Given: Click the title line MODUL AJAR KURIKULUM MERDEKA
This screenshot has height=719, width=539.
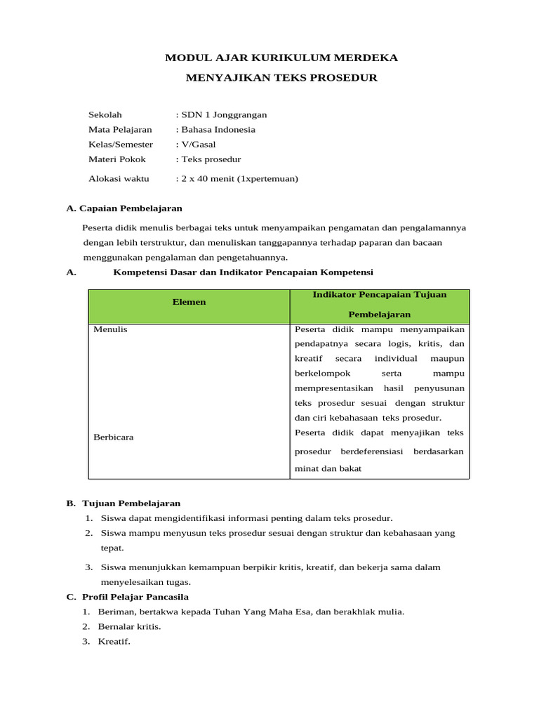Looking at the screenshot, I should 281,58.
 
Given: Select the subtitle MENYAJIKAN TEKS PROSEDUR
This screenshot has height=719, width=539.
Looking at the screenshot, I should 281,78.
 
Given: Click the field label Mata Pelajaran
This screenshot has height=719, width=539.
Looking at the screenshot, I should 120,129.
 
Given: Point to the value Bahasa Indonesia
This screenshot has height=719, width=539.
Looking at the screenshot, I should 218,129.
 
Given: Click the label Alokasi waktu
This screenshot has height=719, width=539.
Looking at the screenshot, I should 119,178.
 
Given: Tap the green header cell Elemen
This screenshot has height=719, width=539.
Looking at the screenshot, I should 189,301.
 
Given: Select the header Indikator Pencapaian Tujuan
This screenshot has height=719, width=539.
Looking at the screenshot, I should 380,295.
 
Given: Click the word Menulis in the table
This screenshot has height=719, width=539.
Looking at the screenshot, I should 110,329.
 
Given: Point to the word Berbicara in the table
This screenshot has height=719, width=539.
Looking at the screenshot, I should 114,437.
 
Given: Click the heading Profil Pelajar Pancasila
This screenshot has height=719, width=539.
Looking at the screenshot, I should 140,597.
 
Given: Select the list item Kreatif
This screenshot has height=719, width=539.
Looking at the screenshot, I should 114,641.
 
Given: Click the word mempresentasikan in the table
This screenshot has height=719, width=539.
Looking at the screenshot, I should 334,388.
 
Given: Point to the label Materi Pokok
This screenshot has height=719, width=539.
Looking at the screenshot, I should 117,159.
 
